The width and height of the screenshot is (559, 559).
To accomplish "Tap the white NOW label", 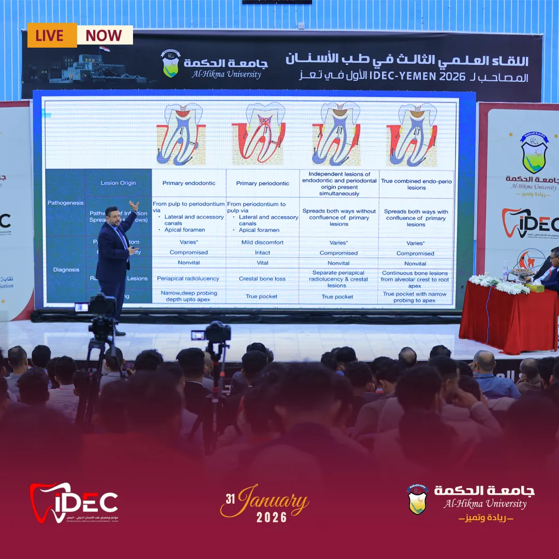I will pyautogui.click(x=105, y=35).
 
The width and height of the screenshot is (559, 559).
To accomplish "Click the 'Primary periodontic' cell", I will pyautogui.click(x=262, y=183).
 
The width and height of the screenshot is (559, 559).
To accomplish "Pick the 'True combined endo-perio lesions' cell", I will pyautogui.click(x=416, y=184).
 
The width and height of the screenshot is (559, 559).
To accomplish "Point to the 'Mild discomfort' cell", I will pyautogui.click(x=262, y=242).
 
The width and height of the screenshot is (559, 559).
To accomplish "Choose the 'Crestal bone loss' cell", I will pyautogui.click(x=262, y=278).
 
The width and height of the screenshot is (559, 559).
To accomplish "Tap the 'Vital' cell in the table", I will pyautogui.click(x=262, y=263).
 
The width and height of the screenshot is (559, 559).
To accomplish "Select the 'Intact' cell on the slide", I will pyautogui.click(x=262, y=253).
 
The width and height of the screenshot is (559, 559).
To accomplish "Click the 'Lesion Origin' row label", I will pyautogui.click(x=119, y=183).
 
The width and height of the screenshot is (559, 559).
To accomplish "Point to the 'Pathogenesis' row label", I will pyautogui.click(x=66, y=203).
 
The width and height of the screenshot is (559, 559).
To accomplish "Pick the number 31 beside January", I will pyautogui.click(x=230, y=499).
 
